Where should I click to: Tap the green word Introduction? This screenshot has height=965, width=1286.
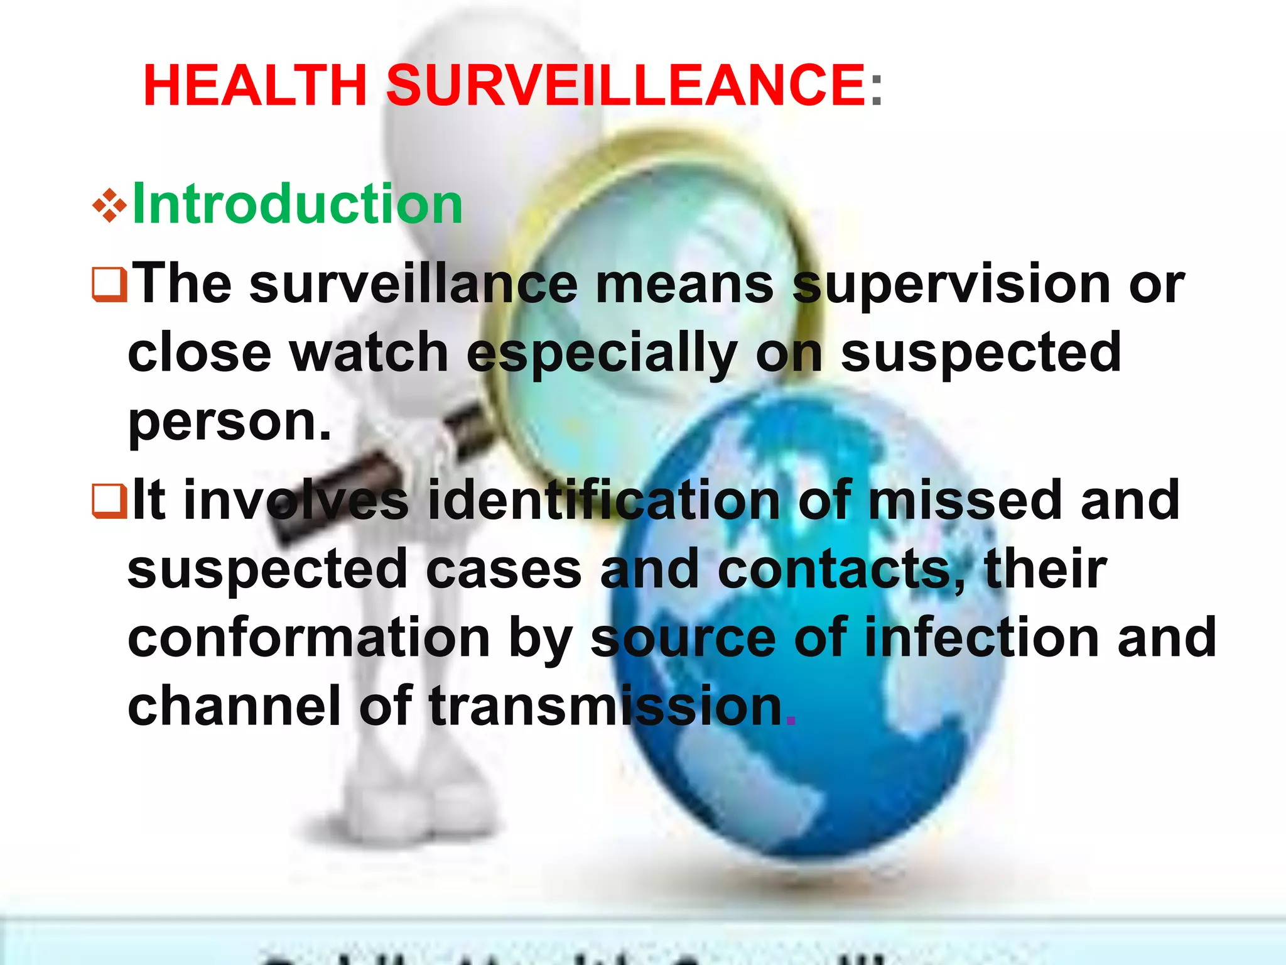[x=298, y=204]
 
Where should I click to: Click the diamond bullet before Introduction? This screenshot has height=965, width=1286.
[x=109, y=205]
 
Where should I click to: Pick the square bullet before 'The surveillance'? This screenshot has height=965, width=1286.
[x=110, y=285]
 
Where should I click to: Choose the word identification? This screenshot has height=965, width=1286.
[x=603, y=501]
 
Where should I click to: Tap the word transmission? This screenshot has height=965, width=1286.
[x=606, y=707]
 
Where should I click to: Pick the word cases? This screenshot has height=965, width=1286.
[x=504, y=570]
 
